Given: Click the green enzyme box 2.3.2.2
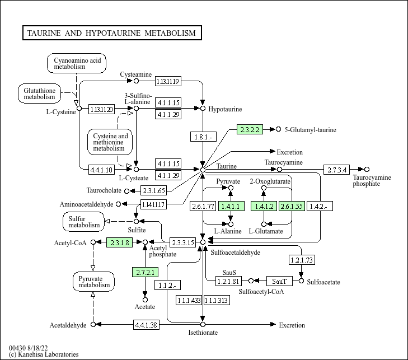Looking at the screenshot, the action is (x=250, y=129).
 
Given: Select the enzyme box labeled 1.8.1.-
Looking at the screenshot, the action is (x=203, y=137).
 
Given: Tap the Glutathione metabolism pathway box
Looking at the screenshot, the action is (x=39, y=93).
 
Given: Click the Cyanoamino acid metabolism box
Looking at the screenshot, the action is (x=77, y=63).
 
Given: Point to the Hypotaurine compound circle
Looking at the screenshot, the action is (x=203, y=108).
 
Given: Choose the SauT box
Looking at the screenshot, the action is (x=279, y=281).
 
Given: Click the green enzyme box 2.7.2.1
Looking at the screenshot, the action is (x=145, y=272).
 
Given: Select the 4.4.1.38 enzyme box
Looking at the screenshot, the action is (x=146, y=325).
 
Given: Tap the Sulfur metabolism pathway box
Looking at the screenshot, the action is (x=83, y=222).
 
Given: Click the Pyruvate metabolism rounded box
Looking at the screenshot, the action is (x=93, y=282).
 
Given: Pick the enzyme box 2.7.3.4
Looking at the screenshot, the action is (x=337, y=170).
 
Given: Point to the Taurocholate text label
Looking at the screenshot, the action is (x=104, y=190).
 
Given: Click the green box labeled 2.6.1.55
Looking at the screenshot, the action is (x=292, y=206).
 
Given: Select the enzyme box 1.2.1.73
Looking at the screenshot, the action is (x=302, y=260).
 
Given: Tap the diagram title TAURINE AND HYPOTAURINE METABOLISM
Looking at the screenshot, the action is (x=112, y=33).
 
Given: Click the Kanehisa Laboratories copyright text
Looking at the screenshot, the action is (x=44, y=354).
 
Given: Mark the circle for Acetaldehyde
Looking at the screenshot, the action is (x=93, y=324).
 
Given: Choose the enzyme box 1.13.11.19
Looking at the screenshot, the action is (x=168, y=81).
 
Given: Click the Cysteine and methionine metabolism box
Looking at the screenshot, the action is (x=110, y=142).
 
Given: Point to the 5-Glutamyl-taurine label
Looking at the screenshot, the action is (x=310, y=130).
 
